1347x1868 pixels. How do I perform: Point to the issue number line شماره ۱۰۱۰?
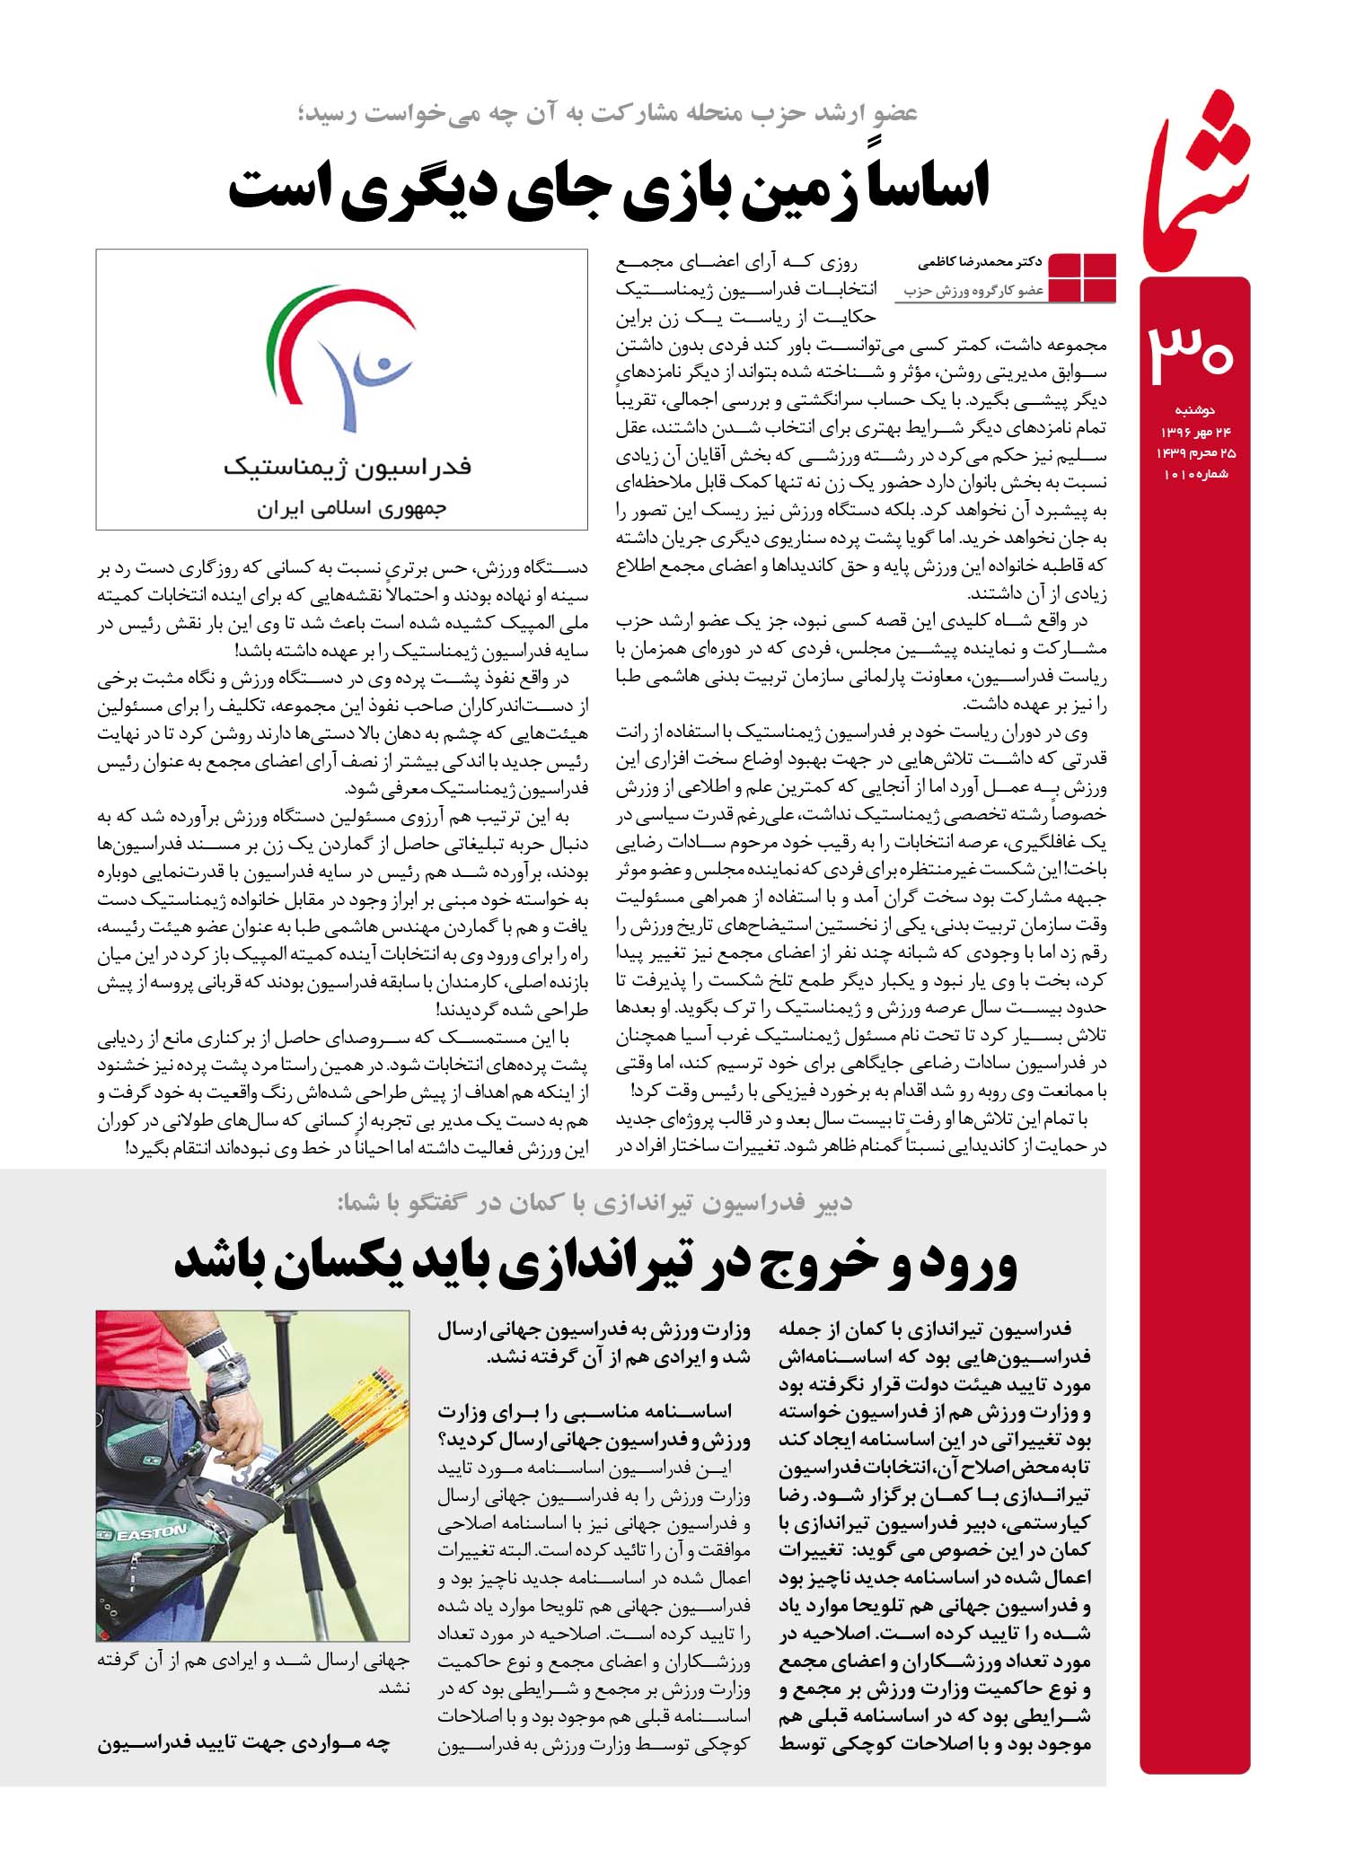pos(1195,474)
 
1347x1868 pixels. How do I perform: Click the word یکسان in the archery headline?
pos(360,1261)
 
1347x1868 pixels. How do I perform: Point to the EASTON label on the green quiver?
pos(152,1533)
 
